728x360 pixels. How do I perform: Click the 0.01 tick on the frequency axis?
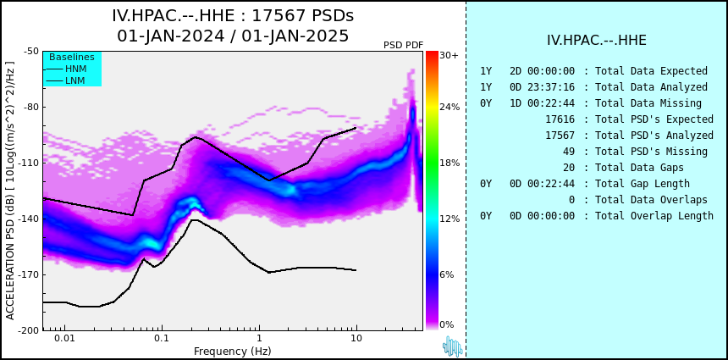point(65,339)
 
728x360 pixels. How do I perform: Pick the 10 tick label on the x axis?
point(356,339)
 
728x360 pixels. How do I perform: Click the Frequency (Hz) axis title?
point(232,351)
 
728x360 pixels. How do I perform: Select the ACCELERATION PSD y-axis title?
point(10,191)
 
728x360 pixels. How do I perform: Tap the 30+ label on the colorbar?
point(449,55)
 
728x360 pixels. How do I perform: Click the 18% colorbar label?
point(449,163)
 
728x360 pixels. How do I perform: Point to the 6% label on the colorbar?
point(447,274)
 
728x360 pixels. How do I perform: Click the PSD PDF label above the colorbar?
point(404,45)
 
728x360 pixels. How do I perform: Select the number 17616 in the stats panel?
point(560,119)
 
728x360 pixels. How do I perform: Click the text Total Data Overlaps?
point(652,200)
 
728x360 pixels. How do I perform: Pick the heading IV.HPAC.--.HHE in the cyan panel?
point(597,41)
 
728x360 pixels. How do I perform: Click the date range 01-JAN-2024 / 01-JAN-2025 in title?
point(233,36)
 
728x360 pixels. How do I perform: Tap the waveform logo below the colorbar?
point(452,346)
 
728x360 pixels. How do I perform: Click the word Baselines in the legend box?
point(72,57)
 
